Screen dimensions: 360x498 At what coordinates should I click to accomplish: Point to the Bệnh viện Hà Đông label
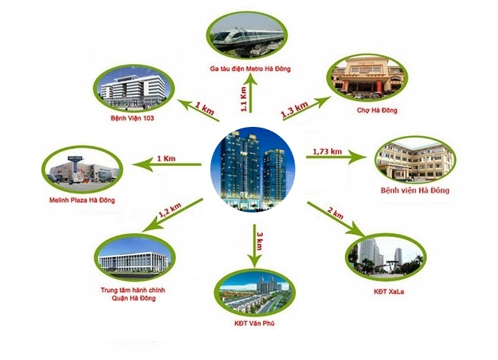(x=414, y=189)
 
